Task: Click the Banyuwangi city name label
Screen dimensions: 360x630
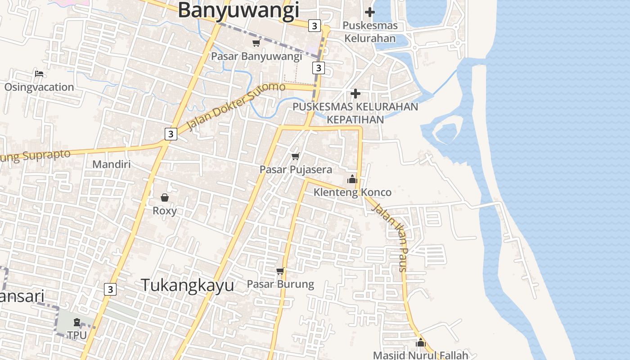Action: [x=238, y=10]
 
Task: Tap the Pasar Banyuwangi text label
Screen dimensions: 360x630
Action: [x=256, y=56]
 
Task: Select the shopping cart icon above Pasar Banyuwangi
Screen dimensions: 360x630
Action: [x=256, y=43]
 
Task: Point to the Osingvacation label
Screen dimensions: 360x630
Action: [x=39, y=87]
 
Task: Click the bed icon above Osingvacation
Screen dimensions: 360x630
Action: [x=39, y=73]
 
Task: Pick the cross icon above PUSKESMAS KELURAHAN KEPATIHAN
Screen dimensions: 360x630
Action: [x=355, y=94]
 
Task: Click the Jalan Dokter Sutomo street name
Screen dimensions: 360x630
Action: [x=236, y=105]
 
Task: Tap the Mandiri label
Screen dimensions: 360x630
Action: [x=112, y=164]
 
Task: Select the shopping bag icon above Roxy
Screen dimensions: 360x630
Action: [x=165, y=198]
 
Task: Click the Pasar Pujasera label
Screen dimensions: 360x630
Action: [x=296, y=170]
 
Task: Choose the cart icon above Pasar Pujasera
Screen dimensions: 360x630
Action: [x=296, y=156]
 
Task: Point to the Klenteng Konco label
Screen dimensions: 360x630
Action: [x=352, y=193]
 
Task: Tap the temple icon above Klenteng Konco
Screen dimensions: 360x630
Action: [x=352, y=179]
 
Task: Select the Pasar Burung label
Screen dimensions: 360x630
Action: [x=280, y=284]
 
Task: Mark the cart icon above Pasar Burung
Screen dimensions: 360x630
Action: [x=280, y=271]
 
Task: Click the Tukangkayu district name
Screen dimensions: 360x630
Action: [x=188, y=285]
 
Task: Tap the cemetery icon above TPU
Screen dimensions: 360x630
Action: [x=77, y=322]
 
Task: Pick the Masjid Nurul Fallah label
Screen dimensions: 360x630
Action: [x=421, y=355]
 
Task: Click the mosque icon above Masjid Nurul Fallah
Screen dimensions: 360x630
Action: [x=421, y=343]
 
